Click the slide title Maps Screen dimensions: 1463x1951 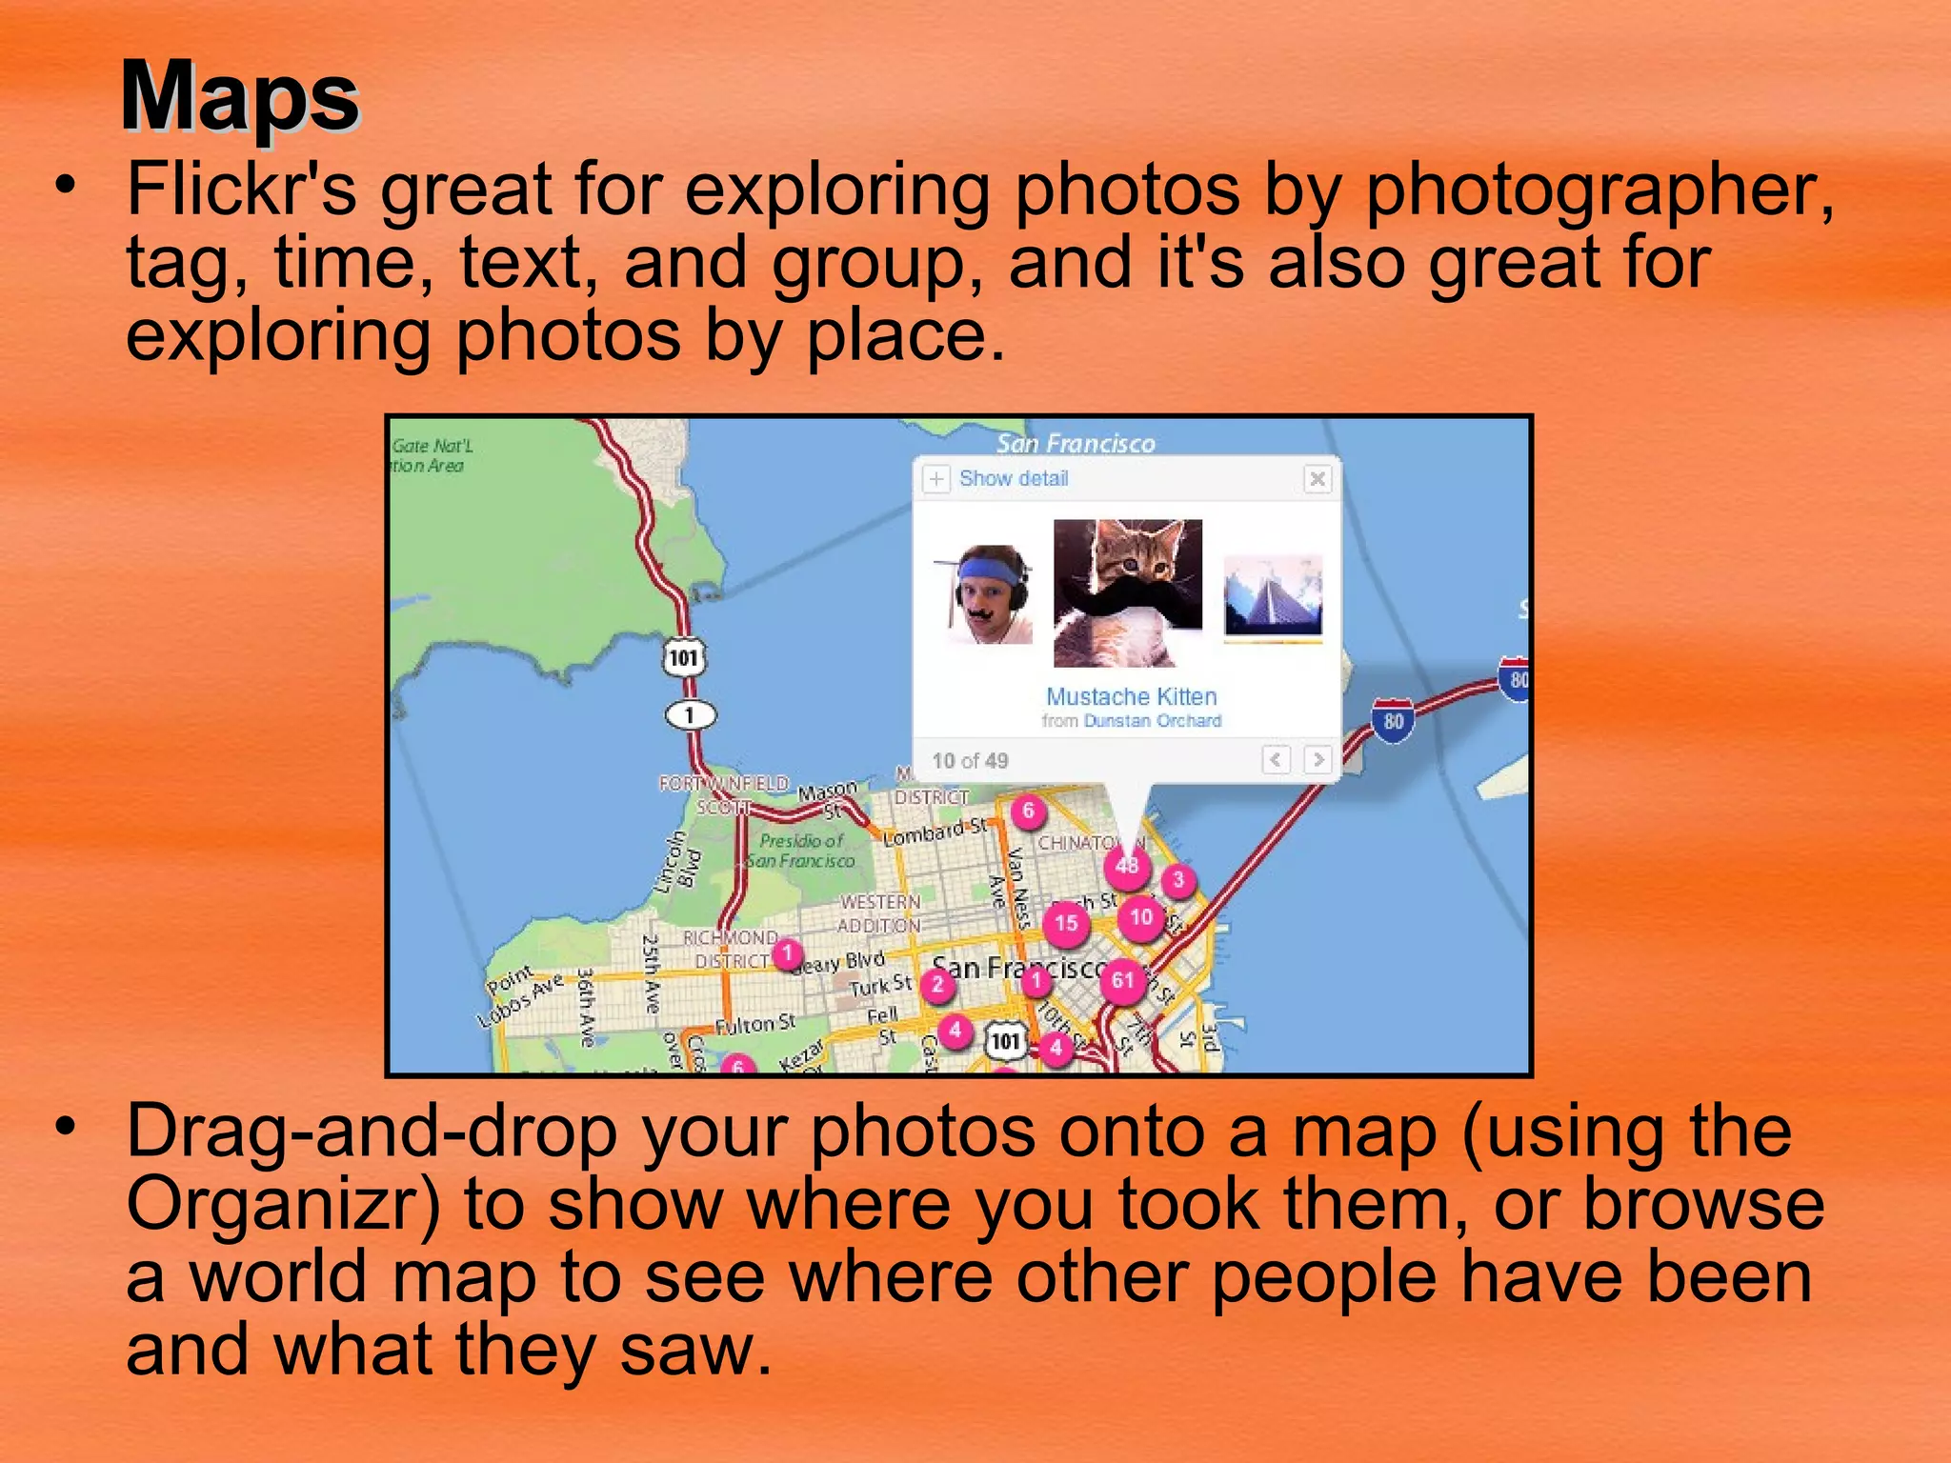(240, 97)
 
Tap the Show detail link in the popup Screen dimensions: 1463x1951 (1013, 478)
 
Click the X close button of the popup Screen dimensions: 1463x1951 (1317, 478)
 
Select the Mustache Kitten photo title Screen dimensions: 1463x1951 (1131, 696)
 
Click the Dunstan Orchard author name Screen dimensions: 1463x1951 (1153, 721)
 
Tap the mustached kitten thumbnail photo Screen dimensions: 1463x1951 (1128, 592)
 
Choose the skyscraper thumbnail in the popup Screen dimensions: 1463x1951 (1273, 596)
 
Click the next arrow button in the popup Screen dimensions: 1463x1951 (1317, 759)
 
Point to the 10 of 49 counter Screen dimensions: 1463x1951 (970, 761)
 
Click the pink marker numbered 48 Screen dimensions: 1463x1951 (1127, 866)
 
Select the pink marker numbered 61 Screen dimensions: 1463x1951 (1123, 981)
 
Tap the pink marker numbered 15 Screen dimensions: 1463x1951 (1066, 923)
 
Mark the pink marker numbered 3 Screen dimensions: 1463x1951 (1178, 880)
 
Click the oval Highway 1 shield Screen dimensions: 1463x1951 (690, 714)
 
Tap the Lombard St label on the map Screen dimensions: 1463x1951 (935, 832)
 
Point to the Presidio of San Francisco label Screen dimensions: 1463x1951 (801, 851)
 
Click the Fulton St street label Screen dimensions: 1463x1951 (754, 1025)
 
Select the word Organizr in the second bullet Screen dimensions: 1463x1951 (283, 1204)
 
